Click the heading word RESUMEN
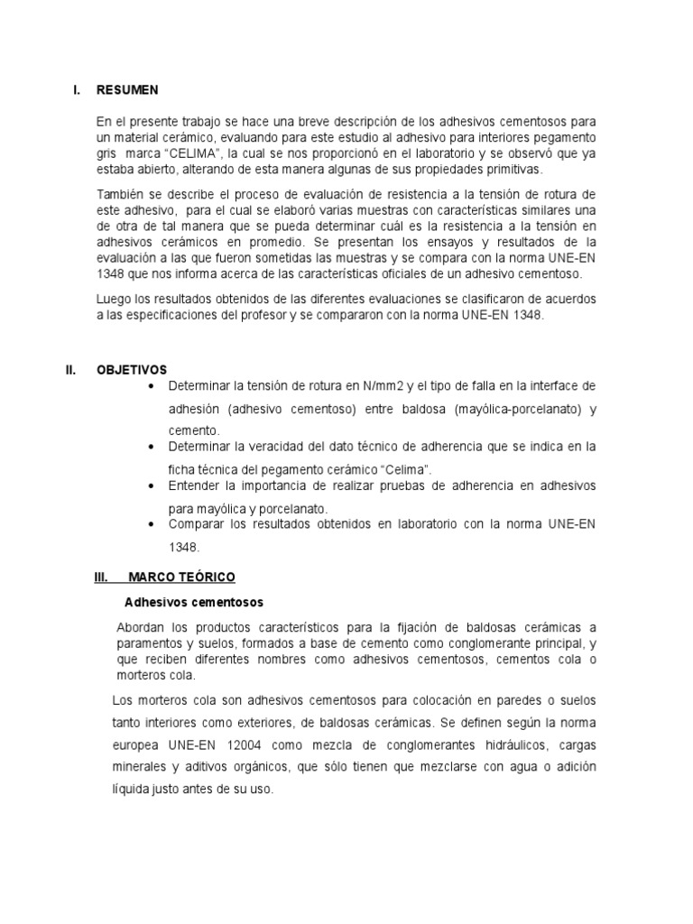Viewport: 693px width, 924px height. click(x=127, y=89)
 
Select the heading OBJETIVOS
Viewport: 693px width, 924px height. click(x=132, y=370)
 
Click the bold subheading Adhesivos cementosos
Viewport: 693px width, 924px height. click(x=191, y=601)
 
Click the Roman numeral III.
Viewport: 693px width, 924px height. click(x=102, y=577)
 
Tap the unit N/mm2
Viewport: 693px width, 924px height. click(x=383, y=386)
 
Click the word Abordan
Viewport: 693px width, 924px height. click(x=141, y=627)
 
